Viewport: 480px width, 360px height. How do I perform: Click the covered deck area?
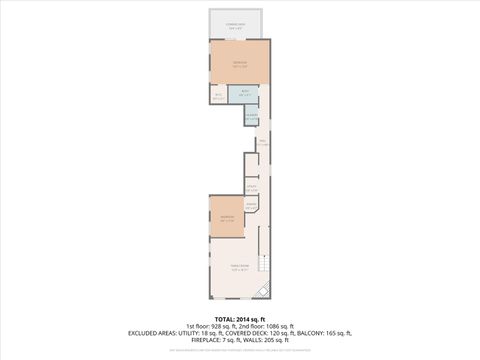click(x=239, y=24)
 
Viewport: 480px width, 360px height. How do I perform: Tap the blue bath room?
click(x=244, y=96)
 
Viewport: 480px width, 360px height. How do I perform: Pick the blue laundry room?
click(x=251, y=116)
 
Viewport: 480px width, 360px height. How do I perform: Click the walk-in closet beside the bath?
click(x=218, y=96)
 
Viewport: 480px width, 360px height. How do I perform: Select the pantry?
click(x=251, y=207)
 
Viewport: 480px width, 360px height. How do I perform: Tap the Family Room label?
click(x=238, y=267)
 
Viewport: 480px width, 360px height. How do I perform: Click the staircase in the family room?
click(x=264, y=264)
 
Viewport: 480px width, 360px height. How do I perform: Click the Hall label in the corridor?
click(x=262, y=142)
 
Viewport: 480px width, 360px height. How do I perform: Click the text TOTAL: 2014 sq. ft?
click(x=240, y=319)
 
